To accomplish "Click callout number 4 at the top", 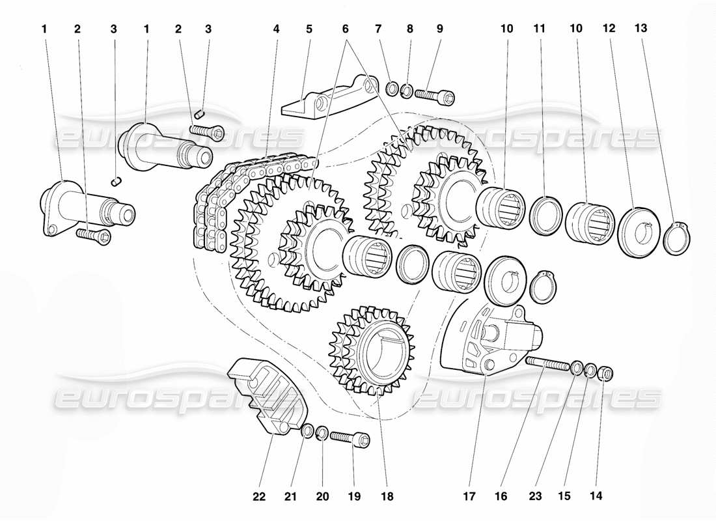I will tap(277, 29).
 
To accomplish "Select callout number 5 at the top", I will tap(309, 29).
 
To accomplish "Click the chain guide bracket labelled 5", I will tap(325, 98).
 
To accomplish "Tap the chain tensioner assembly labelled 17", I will tap(495, 339).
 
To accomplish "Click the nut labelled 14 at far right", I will tap(603, 374).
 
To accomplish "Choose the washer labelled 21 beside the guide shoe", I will tap(307, 430).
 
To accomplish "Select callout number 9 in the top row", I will tap(440, 29).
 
